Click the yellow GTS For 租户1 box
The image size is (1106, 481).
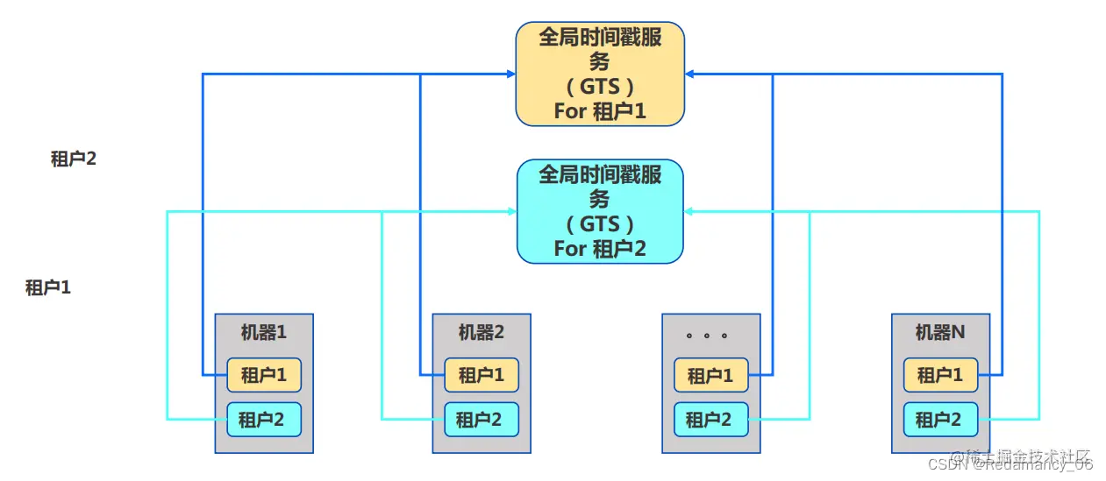[599, 74]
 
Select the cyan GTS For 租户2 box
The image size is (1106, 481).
[599, 211]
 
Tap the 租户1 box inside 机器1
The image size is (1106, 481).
[263, 375]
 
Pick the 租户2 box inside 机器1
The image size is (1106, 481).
[263, 420]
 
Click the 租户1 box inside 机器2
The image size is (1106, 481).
[481, 375]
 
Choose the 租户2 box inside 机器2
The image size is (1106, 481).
[481, 420]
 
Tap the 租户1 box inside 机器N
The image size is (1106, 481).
[939, 375]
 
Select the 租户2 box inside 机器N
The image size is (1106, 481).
[939, 420]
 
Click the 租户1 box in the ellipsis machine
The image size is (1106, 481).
[710, 375]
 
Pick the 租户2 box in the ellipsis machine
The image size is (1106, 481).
[710, 420]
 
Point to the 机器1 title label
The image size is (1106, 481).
[263, 333]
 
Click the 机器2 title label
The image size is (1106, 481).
[481, 333]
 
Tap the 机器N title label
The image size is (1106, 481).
[939, 333]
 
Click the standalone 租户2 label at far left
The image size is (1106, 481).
[73, 159]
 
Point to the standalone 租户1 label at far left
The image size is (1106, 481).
[48, 287]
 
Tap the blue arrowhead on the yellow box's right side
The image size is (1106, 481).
[690, 74]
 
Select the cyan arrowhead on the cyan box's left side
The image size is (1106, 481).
[510, 211]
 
